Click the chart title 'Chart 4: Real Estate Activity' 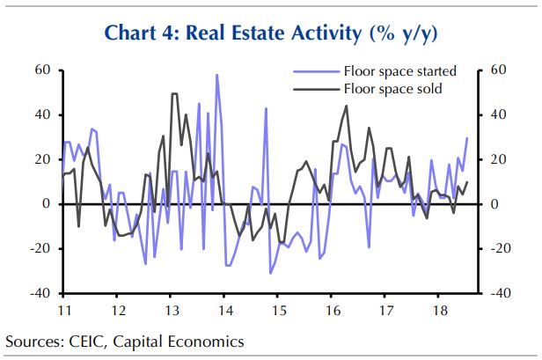pos(270,33)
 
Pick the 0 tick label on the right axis pos(494,204)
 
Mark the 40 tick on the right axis pos(498,114)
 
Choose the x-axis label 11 pos(64,310)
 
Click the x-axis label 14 pos(225,310)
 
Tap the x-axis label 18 pos(438,310)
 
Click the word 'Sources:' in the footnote pos(34,341)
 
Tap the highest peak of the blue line pos(216,75)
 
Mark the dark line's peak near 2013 pos(174,93)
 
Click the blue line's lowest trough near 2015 pos(271,273)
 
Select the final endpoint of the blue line pos(466,137)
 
